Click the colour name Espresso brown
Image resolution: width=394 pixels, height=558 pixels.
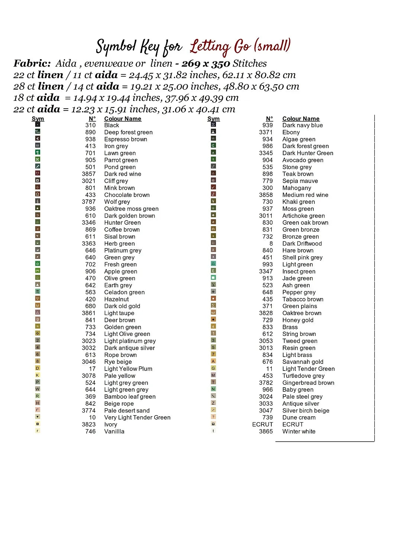(126, 139)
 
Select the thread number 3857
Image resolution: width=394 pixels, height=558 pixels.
(89, 174)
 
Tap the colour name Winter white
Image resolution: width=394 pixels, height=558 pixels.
(299, 432)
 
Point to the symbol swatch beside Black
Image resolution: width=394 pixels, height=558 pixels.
(38, 125)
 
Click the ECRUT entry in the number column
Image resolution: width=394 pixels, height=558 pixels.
(262, 424)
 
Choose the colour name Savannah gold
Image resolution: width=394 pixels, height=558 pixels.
(303, 362)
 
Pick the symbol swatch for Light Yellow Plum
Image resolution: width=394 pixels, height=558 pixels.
(38, 368)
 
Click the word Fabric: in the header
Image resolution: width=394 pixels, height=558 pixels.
(32, 64)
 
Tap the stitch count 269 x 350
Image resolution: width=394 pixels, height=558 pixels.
(206, 64)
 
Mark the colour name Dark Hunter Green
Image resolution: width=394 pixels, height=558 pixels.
(308, 153)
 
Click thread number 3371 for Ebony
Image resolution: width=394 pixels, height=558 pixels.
(266, 132)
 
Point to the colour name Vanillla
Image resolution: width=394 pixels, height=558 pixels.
(114, 432)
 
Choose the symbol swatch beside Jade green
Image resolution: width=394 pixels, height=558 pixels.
(213, 278)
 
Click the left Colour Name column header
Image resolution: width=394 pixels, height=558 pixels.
(123, 119)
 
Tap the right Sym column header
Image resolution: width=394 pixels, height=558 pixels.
(213, 119)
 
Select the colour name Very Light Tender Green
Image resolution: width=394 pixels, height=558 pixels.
(137, 417)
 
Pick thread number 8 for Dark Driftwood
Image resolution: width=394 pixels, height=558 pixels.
(271, 244)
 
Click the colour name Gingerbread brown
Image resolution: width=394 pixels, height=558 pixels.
(308, 383)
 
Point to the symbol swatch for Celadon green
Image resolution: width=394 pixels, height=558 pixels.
(38, 292)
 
